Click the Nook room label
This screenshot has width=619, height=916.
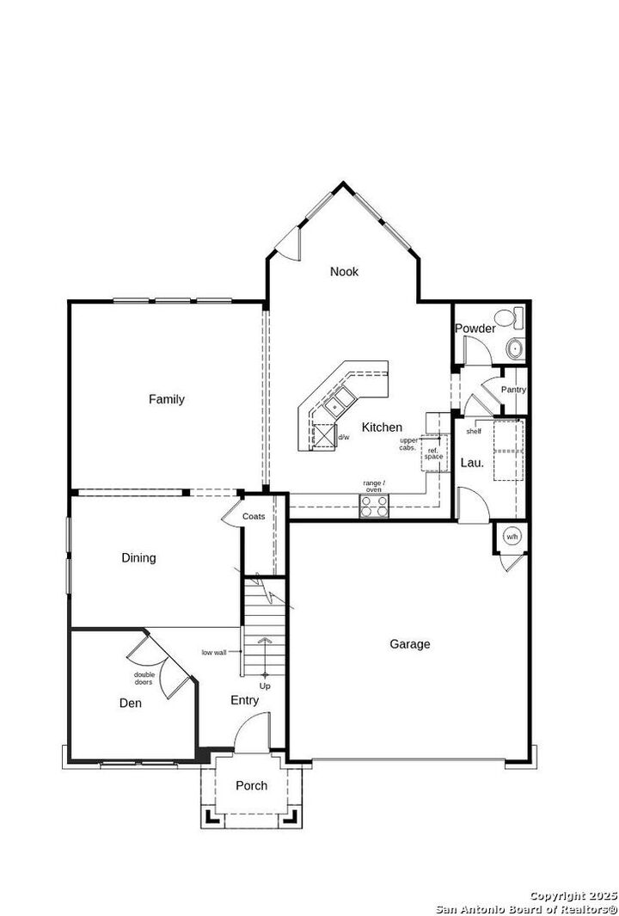[344, 272]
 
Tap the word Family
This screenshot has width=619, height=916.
[166, 399]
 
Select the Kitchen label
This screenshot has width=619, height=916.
[382, 427]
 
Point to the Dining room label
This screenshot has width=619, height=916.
[138, 558]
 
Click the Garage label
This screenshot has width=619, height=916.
[409, 644]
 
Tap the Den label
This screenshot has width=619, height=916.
[130, 704]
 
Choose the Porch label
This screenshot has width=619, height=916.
[251, 785]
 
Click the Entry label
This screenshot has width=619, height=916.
[244, 701]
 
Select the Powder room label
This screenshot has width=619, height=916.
[475, 329]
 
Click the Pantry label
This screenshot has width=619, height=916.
[513, 390]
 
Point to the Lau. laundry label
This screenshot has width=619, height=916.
[472, 463]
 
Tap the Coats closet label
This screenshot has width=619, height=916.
[254, 516]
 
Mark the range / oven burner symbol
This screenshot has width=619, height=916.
[374, 507]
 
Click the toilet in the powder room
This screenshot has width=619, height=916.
[517, 318]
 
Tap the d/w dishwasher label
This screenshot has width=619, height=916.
[344, 437]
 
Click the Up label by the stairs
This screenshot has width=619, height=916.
[265, 686]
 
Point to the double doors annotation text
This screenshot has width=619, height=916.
[144, 678]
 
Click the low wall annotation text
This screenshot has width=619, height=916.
[214, 652]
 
